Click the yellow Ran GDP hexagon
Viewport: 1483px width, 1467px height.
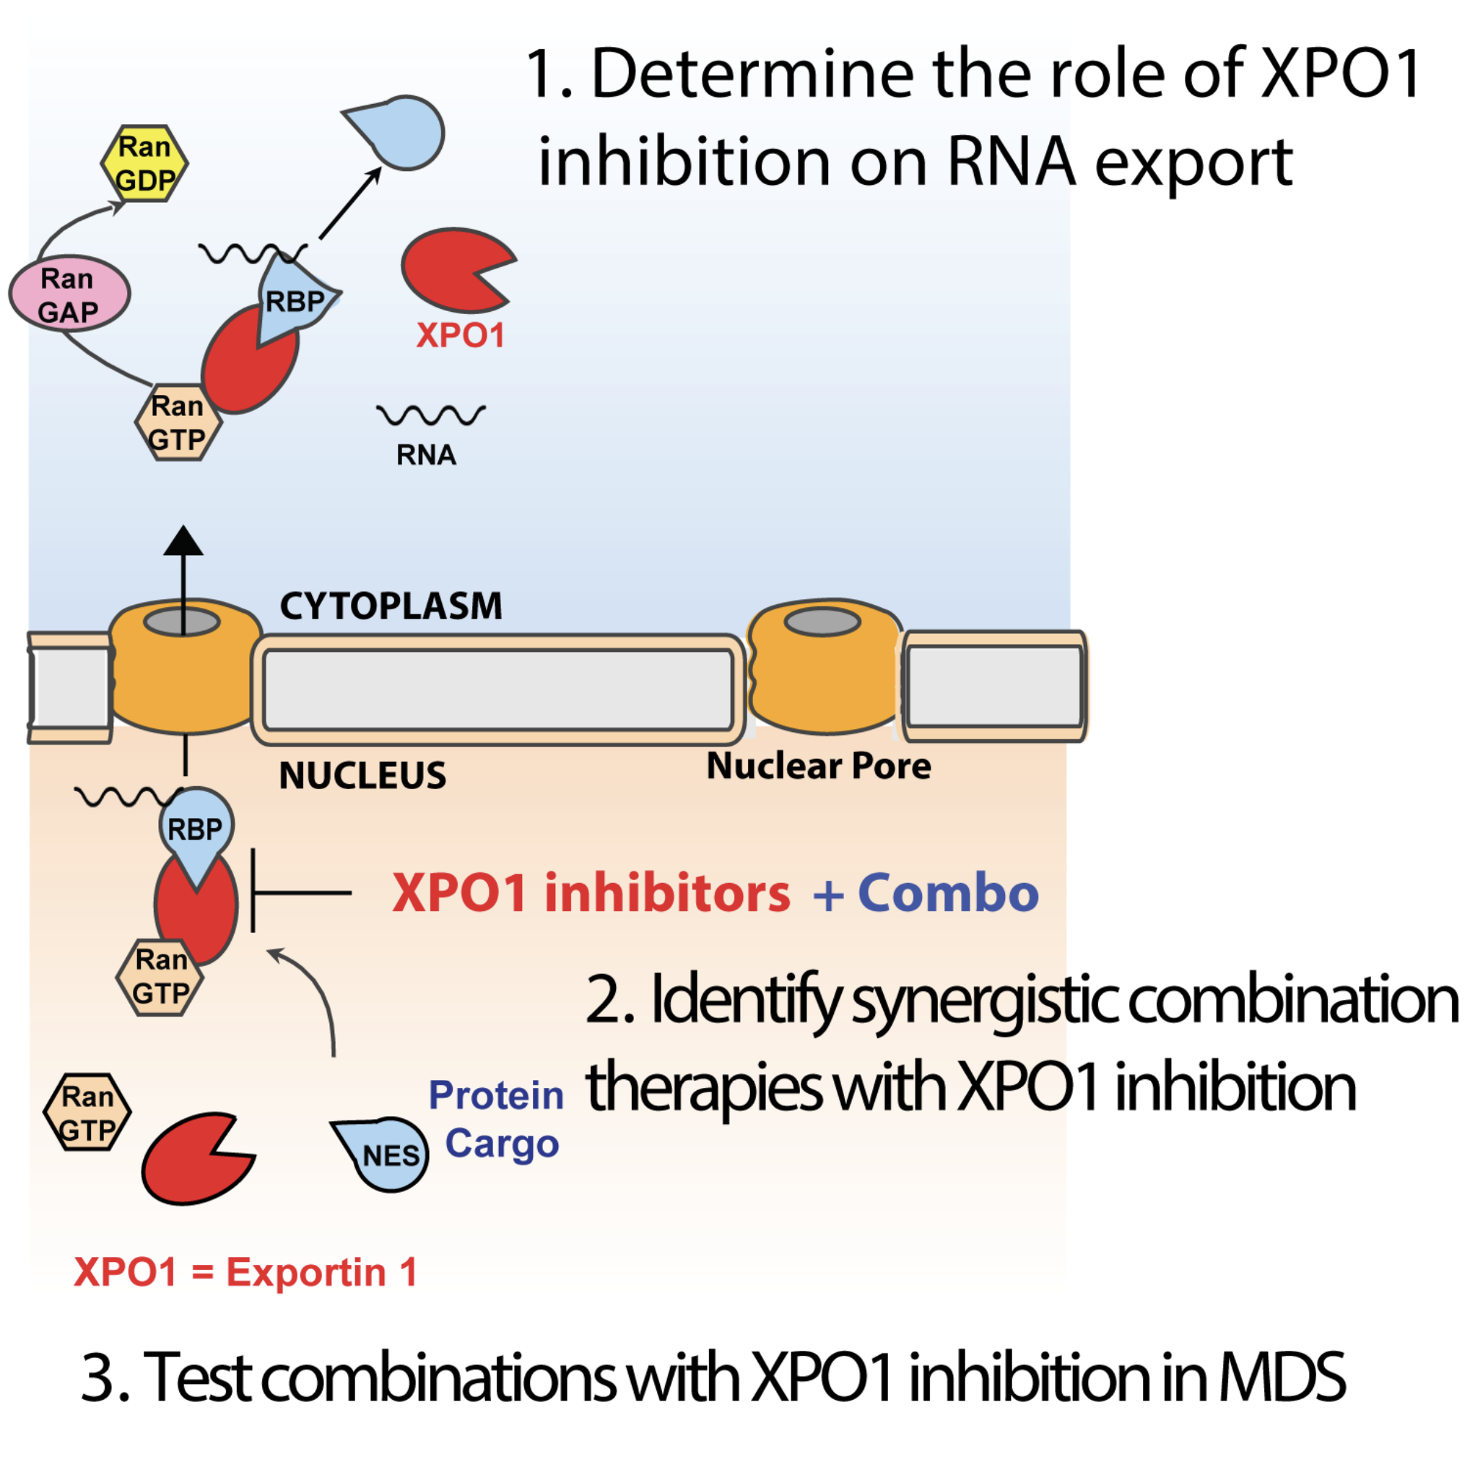tap(144, 163)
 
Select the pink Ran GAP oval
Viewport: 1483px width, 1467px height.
tap(69, 294)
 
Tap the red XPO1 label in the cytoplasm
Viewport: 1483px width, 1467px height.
tap(460, 336)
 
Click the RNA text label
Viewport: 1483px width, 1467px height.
tap(426, 456)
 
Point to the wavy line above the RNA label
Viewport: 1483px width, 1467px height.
tap(430, 415)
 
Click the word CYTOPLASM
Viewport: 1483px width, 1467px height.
tap(391, 606)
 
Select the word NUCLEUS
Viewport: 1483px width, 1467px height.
tap(362, 775)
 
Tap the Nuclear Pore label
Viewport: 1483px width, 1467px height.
tap(818, 766)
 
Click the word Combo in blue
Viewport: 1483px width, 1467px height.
tap(948, 894)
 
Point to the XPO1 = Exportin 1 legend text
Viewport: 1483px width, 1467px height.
tap(245, 1273)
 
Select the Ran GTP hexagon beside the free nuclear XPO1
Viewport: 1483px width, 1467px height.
tap(87, 1113)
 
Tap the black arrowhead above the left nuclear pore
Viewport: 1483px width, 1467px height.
tap(183, 541)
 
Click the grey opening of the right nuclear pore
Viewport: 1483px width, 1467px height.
tap(822, 622)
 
